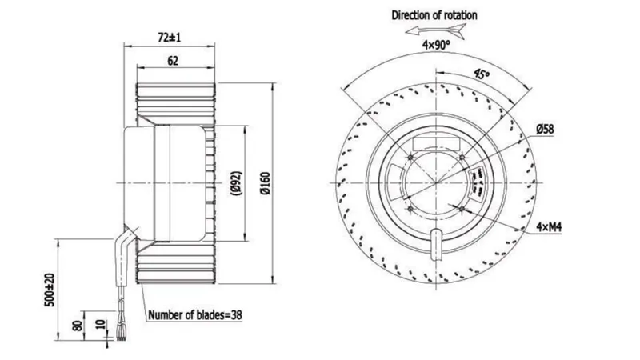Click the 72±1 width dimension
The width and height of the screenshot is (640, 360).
coord(169,38)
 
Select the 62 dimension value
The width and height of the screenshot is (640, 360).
coord(173,61)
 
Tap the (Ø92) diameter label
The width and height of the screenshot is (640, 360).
coord(236,183)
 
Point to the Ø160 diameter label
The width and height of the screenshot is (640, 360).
coord(266,183)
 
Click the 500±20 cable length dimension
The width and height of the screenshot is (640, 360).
coord(50,290)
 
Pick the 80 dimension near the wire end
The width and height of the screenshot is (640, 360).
coord(77,326)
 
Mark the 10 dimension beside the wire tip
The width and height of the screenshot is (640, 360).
coord(101,325)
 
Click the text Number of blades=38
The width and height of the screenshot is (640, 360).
coord(194,315)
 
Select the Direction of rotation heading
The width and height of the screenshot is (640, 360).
coord(434,15)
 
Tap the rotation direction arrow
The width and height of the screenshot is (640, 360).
coord(436,31)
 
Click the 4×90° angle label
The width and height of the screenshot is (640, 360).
coord(436,45)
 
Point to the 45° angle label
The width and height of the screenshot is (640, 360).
coord(482,74)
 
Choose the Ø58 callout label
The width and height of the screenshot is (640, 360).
coord(545,130)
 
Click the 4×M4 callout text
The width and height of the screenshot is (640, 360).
coord(549,227)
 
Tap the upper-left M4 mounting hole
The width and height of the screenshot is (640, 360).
coord(410,157)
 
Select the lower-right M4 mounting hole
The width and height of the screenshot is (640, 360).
coord(462,209)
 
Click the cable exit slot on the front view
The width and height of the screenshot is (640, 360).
coord(436,245)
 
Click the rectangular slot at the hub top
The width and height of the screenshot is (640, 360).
coord(436,144)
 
